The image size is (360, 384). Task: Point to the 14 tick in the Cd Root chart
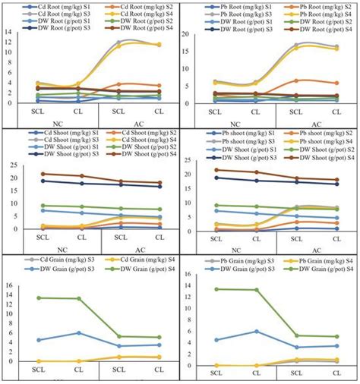[9, 33]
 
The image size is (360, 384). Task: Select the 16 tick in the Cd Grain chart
[9, 285]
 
